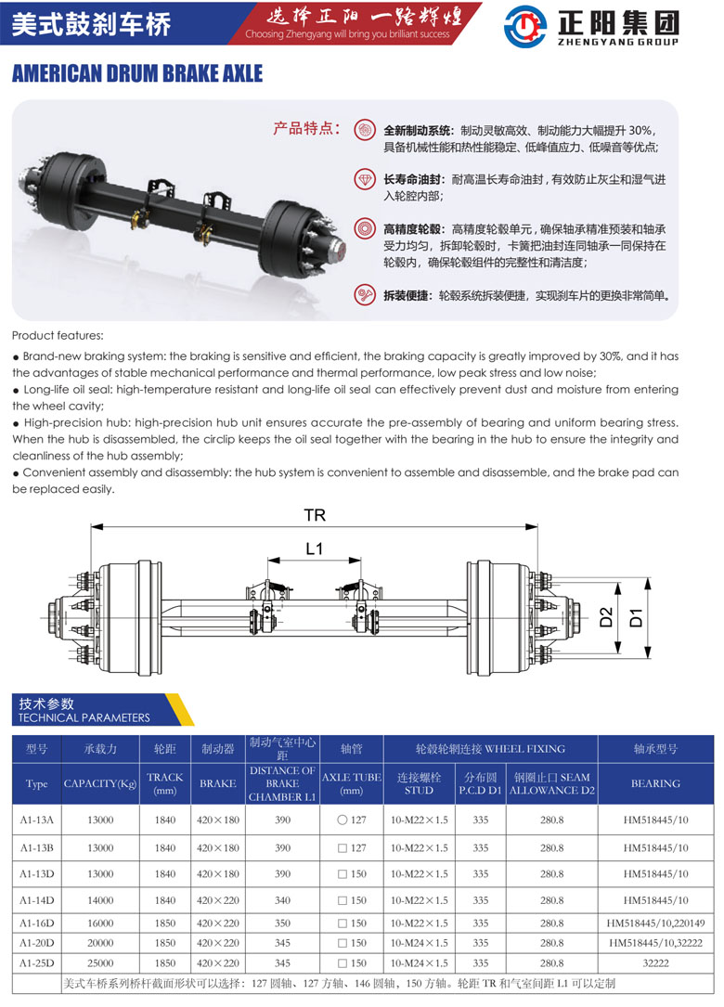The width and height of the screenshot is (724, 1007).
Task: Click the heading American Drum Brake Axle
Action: tap(137, 74)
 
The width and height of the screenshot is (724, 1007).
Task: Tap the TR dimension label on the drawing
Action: tap(315, 515)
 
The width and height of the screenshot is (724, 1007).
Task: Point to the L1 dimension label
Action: tap(314, 549)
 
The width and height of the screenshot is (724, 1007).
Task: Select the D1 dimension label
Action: tap(636, 618)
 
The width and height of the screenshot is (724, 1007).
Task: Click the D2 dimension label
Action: tap(606, 617)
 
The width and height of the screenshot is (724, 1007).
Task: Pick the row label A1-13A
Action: tap(36, 820)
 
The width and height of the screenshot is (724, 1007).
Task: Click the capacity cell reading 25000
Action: tap(100, 963)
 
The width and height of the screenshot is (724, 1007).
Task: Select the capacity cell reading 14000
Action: tap(100, 900)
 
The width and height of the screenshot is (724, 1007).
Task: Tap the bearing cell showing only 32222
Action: tap(655, 963)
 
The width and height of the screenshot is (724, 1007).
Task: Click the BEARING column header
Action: tap(655, 783)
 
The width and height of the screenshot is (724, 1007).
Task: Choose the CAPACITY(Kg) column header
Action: tap(100, 783)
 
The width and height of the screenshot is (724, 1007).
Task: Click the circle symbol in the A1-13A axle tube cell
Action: tap(342, 820)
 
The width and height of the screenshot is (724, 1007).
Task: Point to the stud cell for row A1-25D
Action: tap(419, 963)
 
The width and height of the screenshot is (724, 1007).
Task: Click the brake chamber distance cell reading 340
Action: tap(283, 900)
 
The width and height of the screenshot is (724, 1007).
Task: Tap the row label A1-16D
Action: tap(36, 923)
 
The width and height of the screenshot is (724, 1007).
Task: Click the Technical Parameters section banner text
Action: tap(84, 711)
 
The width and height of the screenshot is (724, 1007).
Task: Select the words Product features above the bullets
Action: tap(58, 335)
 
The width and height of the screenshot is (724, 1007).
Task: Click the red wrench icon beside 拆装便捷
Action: tap(365, 295)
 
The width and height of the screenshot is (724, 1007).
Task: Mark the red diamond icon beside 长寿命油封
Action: tap(365, 178)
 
